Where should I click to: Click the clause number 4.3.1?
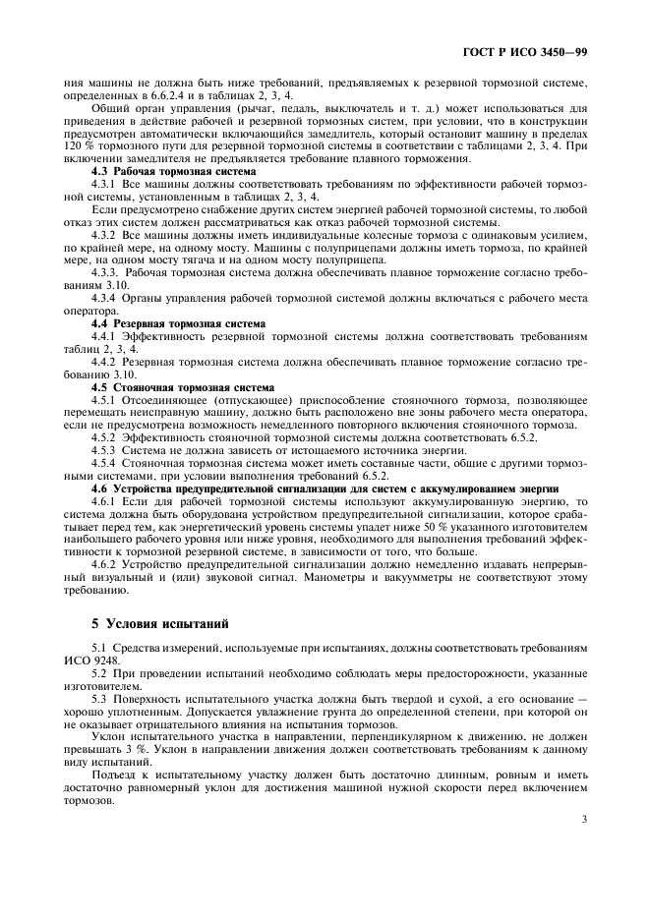[104, 184]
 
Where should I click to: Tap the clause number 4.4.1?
[104, 335]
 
